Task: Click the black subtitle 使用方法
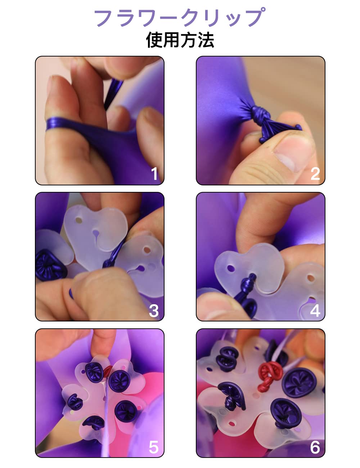coord(180,40)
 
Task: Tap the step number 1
coord(154,174)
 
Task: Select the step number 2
coord(315,174)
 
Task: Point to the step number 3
coord(154,311)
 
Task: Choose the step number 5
coord(154,447)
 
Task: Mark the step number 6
coord(315,447)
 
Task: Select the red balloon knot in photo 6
coord(269,374)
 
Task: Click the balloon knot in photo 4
coord(247,285)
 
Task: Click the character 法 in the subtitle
coord(206,40)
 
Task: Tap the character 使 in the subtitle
coord(154,40)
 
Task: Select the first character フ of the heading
coord(104,18)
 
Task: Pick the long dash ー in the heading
coord(167,18)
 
